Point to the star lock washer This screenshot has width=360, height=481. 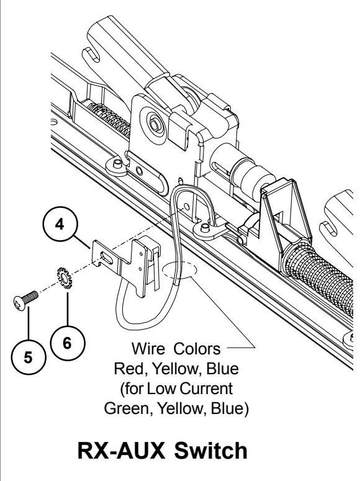pos(63,277)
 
